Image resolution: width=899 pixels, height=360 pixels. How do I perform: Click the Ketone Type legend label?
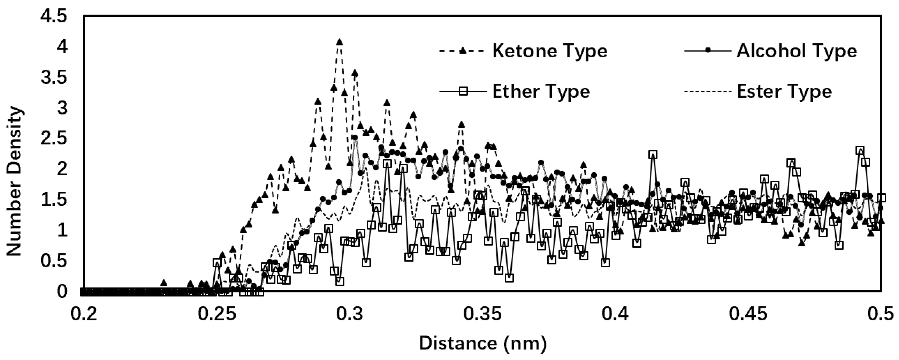tap(550, 51)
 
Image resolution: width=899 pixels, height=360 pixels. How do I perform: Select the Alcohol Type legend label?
tap(797, 51)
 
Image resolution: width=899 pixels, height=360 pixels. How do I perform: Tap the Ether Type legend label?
tap(541, 91)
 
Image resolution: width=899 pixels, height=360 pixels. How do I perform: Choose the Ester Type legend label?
tap(784, 91)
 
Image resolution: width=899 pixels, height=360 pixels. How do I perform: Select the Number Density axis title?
tap(15, 182)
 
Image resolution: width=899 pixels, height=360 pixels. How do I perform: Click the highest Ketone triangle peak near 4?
tap(339, 42)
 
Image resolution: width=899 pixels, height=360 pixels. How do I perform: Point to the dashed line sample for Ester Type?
tap(708, 91)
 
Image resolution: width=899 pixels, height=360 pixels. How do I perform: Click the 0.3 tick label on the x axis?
tap(350, 313)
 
